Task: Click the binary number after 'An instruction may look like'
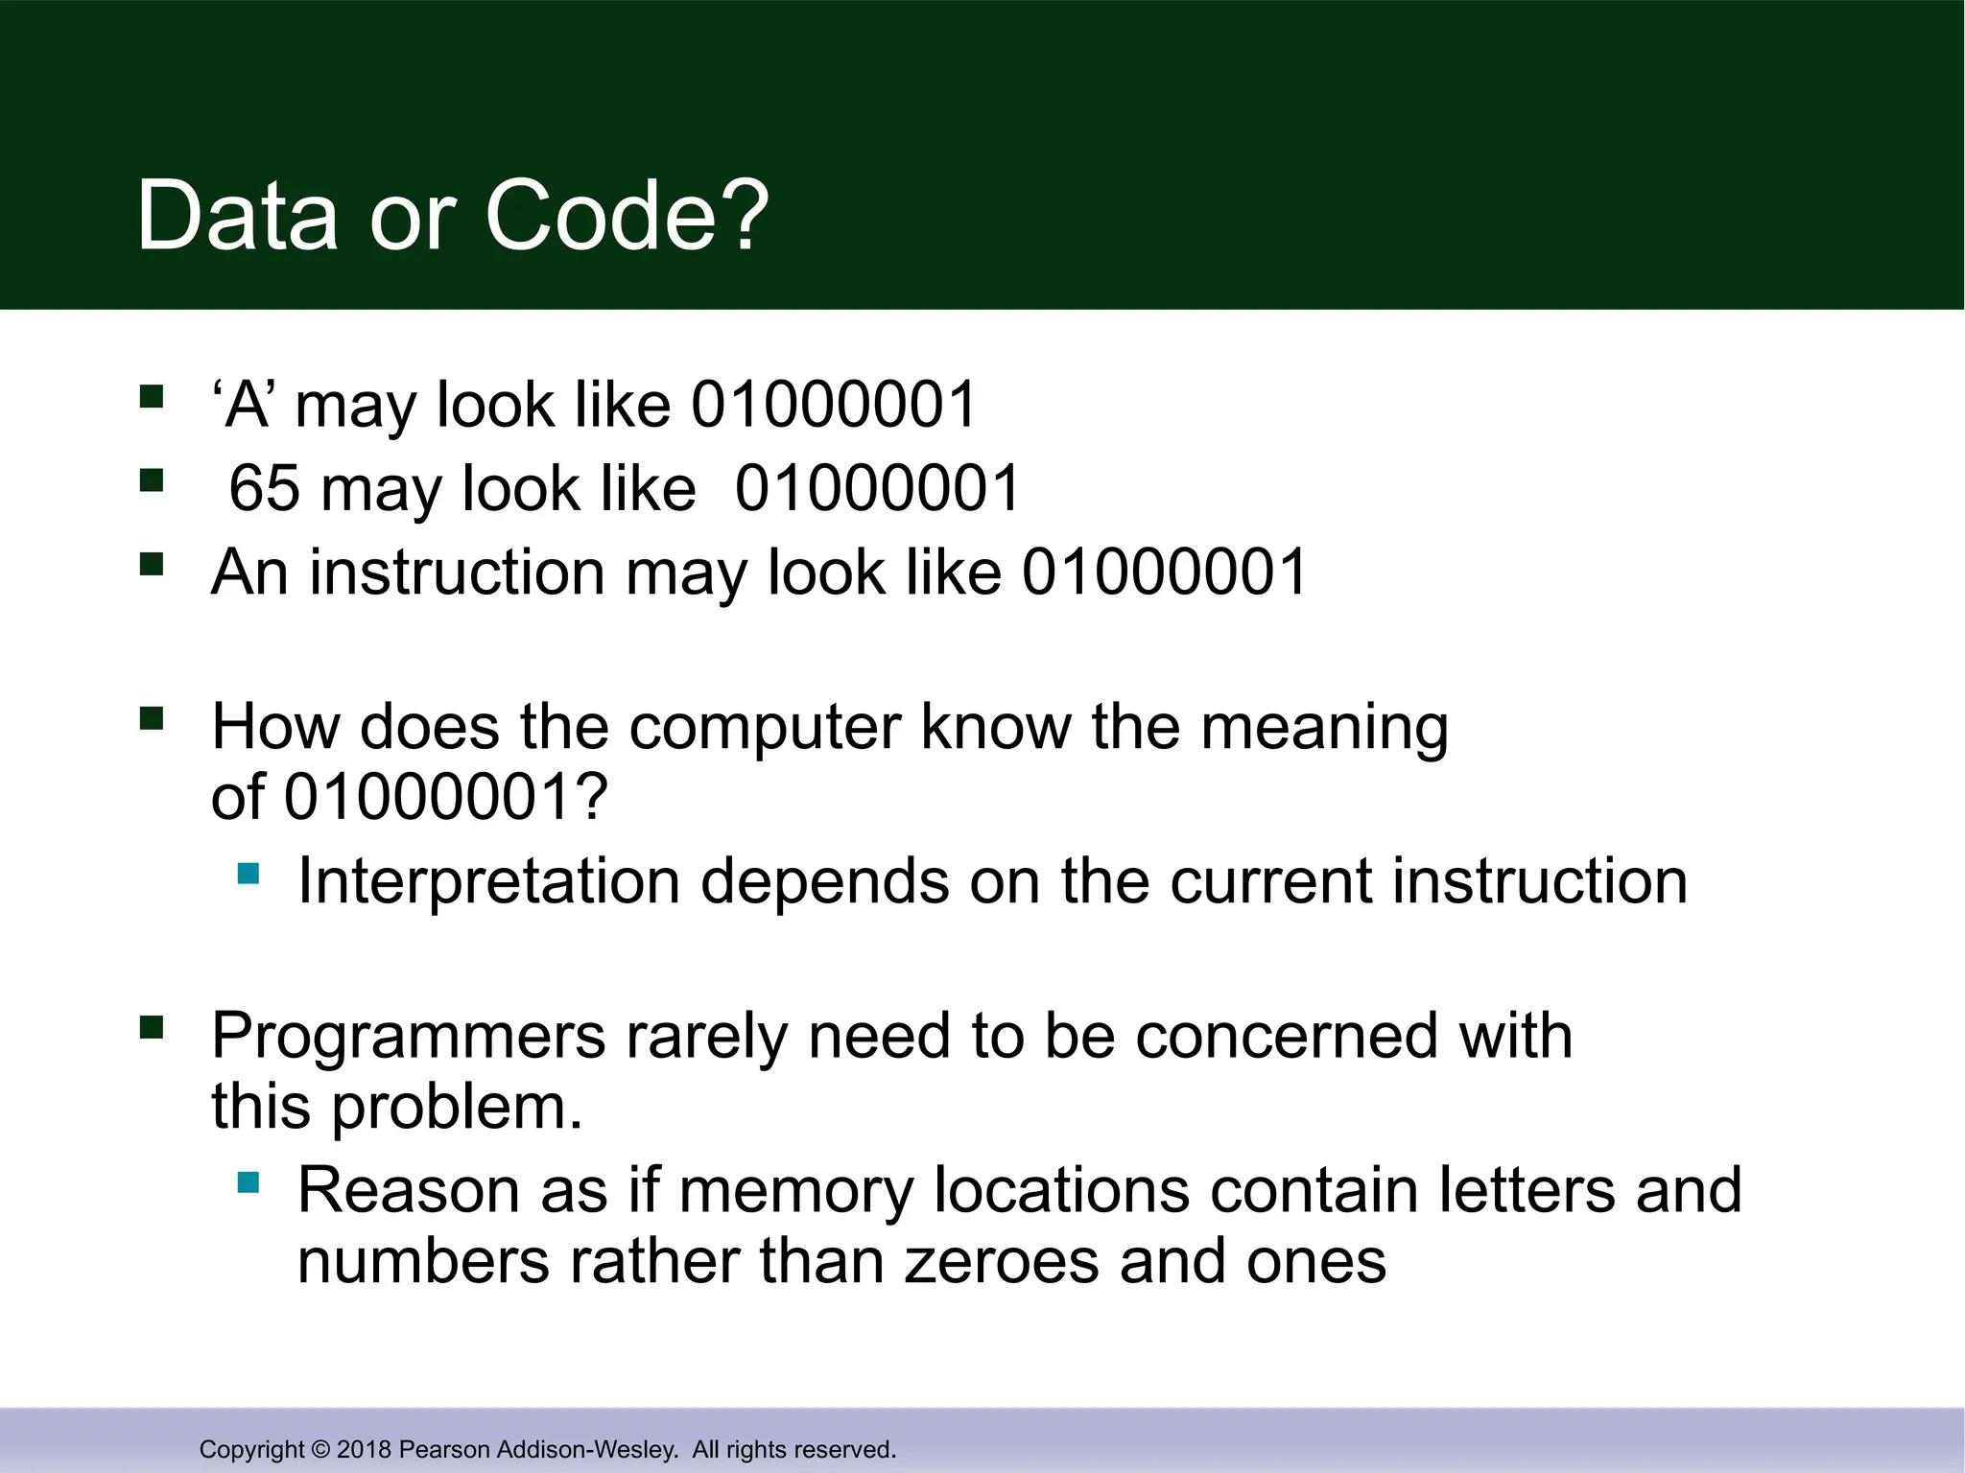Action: point(1164,572)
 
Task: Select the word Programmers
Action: point(409,1037)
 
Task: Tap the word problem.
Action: point(457,1108)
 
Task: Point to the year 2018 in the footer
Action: point(364,1450)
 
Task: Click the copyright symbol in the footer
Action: point(320,1450)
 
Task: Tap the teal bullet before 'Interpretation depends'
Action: point(249,874)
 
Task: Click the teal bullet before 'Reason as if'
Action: point(249,1182)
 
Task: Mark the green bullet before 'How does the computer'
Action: point(152,718)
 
